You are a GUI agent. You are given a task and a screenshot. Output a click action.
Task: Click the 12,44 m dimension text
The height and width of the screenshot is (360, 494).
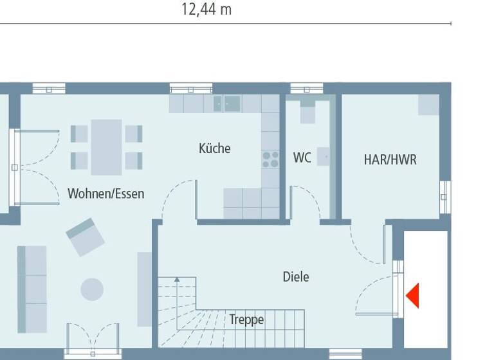206,10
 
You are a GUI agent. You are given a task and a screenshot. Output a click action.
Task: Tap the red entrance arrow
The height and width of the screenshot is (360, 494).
412,296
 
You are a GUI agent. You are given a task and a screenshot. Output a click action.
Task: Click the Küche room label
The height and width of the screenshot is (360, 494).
214,148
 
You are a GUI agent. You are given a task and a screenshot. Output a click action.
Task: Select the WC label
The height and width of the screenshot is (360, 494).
302,157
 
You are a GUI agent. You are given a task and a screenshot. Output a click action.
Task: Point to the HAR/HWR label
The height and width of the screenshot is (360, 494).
390,159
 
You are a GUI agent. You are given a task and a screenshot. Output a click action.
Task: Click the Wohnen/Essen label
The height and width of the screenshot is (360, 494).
106,194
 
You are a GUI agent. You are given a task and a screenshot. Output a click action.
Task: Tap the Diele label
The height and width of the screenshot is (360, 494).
296,277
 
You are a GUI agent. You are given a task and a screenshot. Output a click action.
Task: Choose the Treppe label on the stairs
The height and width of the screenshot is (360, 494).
246,319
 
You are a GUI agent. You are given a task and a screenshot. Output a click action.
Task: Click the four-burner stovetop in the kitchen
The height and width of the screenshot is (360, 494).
270,159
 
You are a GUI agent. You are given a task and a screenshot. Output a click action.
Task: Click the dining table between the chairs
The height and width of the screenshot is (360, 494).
106,147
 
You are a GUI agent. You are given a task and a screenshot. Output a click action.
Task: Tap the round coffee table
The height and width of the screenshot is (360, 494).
92,289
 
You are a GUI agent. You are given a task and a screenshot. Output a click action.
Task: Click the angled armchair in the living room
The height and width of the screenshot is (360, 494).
86,236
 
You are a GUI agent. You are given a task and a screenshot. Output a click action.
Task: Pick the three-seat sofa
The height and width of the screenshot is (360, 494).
32,289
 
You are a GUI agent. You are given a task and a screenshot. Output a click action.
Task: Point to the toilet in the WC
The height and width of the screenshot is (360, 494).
307,111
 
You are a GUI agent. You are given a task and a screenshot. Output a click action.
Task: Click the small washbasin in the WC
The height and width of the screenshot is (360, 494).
324,157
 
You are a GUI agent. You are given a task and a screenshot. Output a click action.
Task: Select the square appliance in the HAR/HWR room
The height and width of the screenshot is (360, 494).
428,105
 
